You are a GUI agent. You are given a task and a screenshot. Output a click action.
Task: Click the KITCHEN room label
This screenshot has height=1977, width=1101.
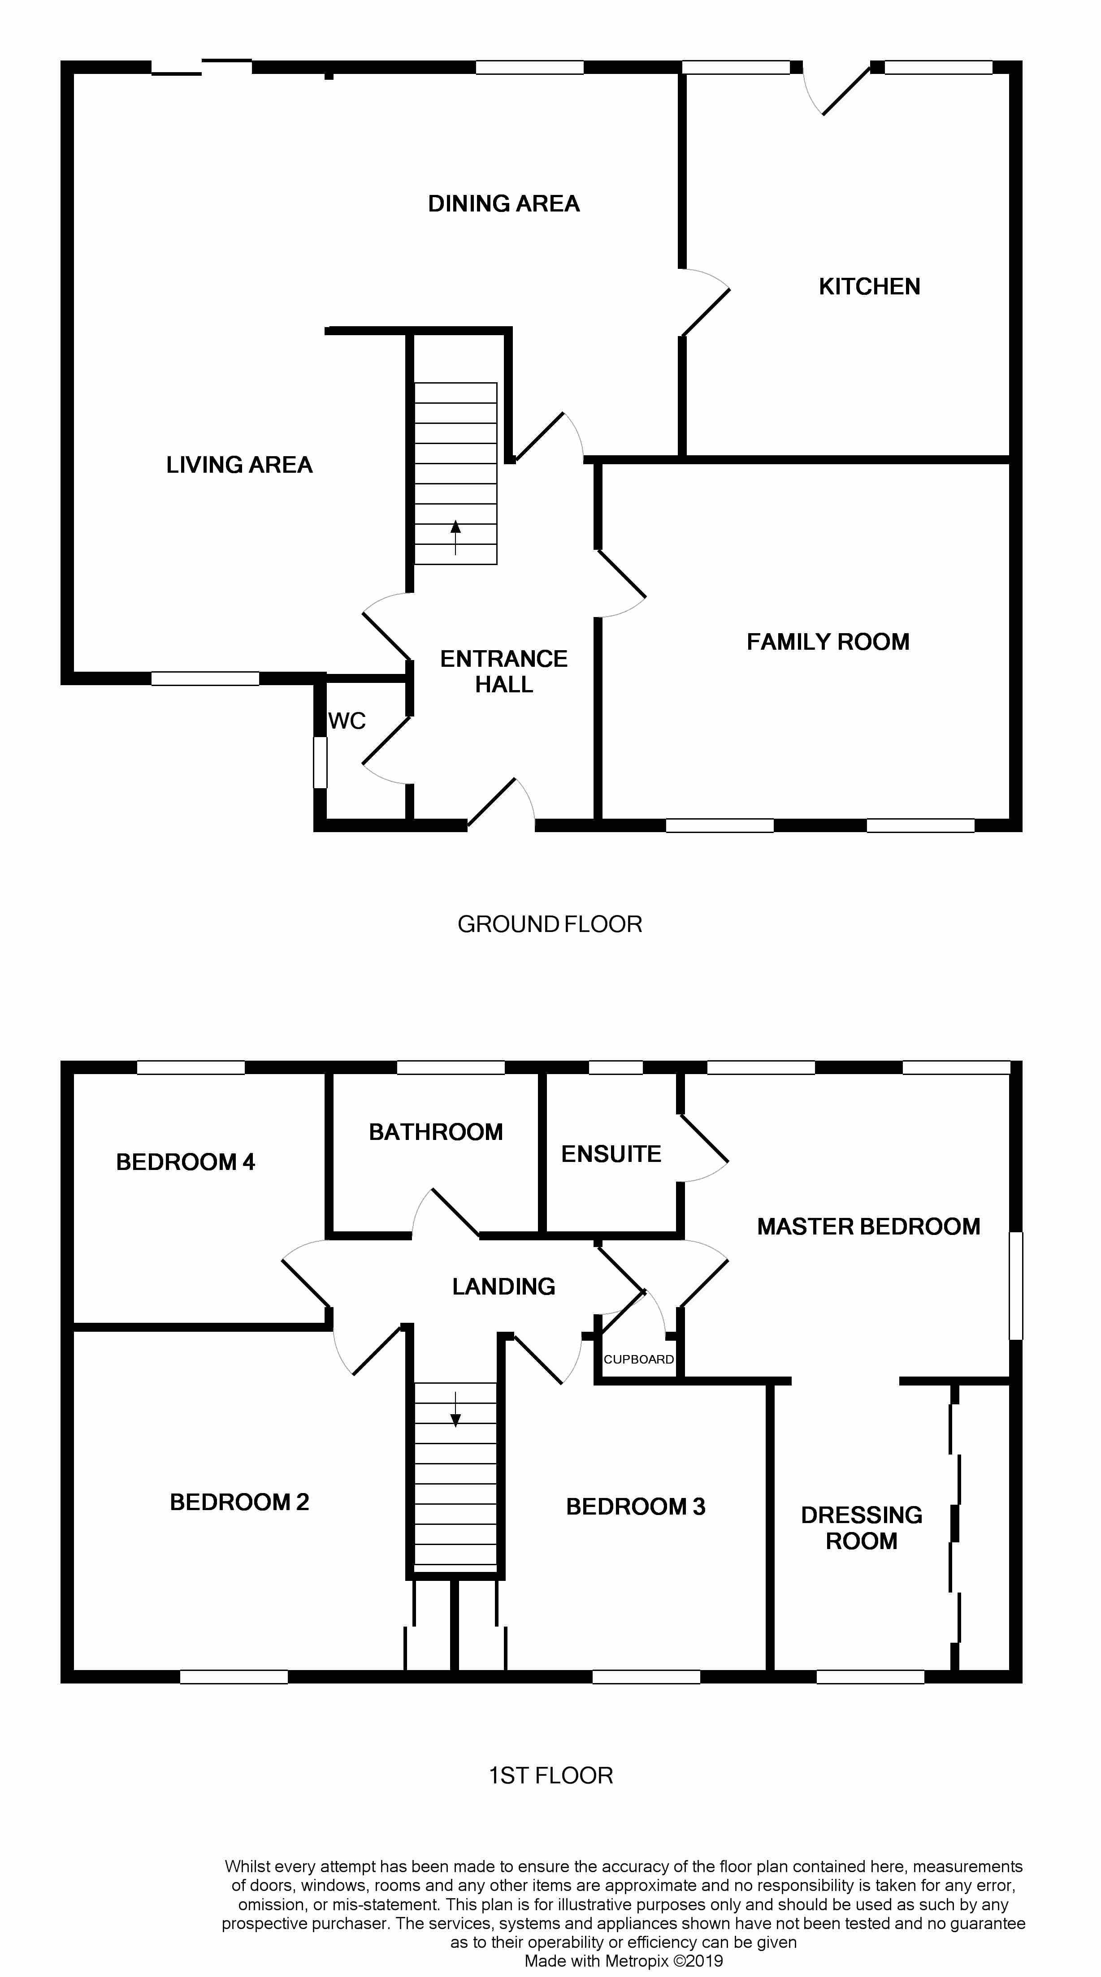click(869, 286)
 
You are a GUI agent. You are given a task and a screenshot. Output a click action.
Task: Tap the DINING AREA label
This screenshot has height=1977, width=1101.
click(504, 203)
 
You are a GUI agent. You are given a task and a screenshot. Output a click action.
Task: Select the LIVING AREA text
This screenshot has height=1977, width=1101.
click(239, 464)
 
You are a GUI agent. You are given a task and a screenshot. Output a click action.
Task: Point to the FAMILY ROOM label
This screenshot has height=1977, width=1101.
click(828, 642)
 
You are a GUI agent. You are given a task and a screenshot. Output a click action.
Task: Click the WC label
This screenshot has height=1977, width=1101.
click(347, 721)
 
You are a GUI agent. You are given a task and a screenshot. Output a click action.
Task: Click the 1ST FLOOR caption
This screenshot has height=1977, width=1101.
click(550, 1775)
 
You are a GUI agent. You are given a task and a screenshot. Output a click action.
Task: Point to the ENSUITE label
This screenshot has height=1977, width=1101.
click(611, 1153)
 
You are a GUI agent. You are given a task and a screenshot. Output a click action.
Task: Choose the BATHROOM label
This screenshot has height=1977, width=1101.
click(435, 1132)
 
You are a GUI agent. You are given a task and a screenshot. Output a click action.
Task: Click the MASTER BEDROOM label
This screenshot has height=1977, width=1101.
click(868, 1226)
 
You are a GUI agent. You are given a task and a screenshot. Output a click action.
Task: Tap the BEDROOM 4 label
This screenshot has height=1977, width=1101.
click(185, 1162)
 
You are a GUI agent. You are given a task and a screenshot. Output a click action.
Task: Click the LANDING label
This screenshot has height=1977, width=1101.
click(504, 1286)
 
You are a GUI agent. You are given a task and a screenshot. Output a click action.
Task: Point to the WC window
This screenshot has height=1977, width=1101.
click(320, 762)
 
